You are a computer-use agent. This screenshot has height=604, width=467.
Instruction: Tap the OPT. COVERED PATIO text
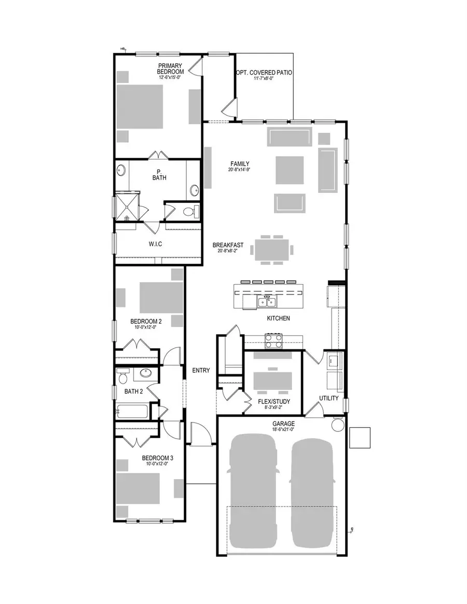pos(264,73)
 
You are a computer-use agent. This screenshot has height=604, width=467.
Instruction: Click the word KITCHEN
pos(278,318)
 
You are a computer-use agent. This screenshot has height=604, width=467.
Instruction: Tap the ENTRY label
pos(201,370)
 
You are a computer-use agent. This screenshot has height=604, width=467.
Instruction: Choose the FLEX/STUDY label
pos(273,401)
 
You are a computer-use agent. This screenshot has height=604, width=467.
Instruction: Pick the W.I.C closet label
pos(155,244)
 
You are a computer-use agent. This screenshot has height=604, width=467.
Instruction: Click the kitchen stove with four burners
pos(274,341)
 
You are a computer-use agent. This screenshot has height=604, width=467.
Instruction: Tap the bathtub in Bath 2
pos(132,412)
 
